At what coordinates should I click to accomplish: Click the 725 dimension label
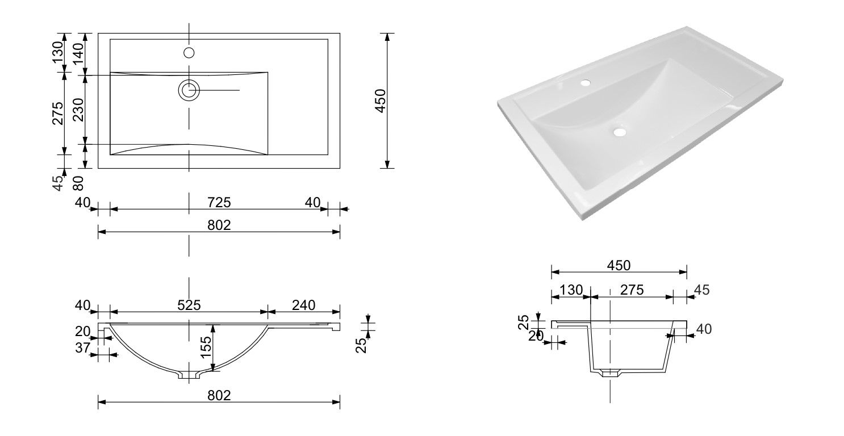pos(219,202)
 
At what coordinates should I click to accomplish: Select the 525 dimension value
pos(189,305)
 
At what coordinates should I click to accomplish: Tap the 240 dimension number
pos(303,305)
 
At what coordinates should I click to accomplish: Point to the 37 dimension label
pos(83,347)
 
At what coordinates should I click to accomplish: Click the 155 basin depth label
pos(206,348)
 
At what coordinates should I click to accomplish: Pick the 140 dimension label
pos(78,54)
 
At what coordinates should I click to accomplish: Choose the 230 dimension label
pos(78,109)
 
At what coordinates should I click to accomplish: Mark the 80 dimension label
pos(78,183)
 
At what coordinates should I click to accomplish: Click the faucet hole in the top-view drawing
pos(189,53)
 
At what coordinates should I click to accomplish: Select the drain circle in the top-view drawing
pos(189,90)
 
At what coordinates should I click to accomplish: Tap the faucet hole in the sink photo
pos(585,83)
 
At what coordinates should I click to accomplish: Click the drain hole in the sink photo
pos(619,132)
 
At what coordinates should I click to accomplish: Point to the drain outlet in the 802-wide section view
pos(189,375)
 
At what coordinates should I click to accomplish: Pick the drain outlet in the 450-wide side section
pos(609,374)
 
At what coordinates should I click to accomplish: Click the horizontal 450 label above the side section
pos(619,265)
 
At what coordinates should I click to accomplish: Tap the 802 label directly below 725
pos(219,225)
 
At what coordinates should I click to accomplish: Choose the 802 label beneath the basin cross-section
pos(219,396)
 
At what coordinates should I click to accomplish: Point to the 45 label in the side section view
pos(701,290)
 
